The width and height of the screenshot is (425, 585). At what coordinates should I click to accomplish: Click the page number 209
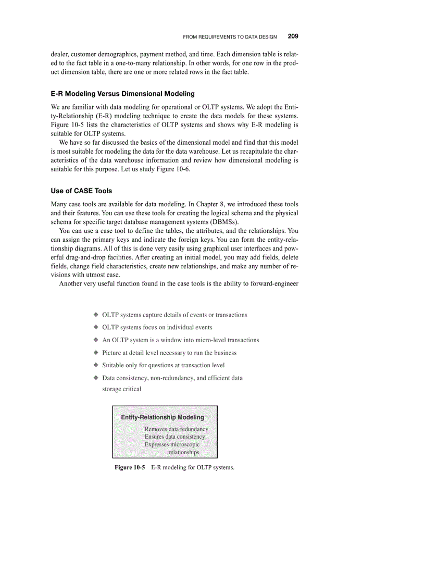[293, 37]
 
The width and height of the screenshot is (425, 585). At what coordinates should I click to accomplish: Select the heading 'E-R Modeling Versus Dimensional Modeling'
[122, 94]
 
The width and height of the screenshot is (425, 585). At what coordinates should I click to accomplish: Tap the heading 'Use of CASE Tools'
[81, 191]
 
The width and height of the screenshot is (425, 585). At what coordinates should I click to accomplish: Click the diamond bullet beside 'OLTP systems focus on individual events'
[96, 328]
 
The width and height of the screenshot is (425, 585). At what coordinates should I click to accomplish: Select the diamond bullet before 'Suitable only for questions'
[96, 365]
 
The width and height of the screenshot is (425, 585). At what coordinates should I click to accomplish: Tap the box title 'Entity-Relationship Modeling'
[162, 417]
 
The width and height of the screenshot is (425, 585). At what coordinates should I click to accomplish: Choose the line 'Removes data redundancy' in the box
[176, 429]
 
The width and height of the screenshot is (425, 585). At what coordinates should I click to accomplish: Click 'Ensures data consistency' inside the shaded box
[174, 437]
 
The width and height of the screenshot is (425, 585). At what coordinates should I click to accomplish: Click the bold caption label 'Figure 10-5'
[130, 467]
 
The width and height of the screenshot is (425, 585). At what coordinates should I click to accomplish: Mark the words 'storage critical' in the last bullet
[121, 389]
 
